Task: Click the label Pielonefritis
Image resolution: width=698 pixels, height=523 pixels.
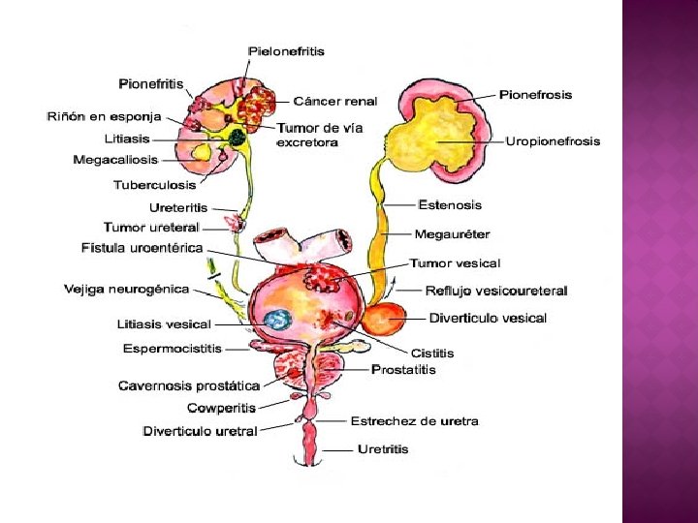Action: tap(286, 51)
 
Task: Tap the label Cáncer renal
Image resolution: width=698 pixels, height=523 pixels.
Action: tap(334, 101)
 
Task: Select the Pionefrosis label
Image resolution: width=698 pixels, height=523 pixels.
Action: tap(535, 95)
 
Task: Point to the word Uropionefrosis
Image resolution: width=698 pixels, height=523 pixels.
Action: tap(553, 141)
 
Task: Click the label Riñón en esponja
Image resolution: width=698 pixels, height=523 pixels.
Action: tap(104, 116)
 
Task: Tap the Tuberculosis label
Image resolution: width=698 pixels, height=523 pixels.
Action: tap(154, 184)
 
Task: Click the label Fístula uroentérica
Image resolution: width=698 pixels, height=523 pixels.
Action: tap(143, 248)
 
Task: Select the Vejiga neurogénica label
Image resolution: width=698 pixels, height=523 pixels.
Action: tap(126, 289)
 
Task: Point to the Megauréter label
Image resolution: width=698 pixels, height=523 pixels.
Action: tap(452, 233)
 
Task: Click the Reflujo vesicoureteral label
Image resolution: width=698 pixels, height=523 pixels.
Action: tap(496, 290)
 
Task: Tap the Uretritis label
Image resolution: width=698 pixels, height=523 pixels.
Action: tap(383, 449)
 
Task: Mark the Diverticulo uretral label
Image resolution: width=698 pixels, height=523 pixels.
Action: tap(200, 431)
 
